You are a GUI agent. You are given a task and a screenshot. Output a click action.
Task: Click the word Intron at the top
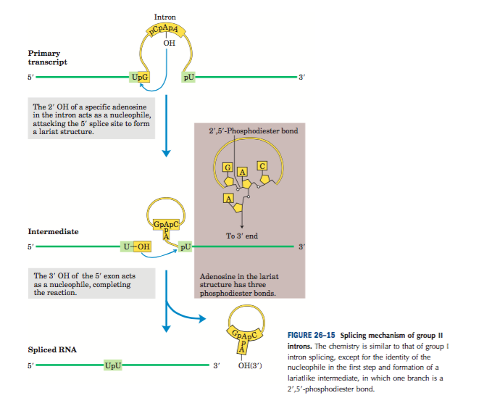point(165,17)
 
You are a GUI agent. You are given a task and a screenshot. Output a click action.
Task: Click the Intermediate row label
point(53,232)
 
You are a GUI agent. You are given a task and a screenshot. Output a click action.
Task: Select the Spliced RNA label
point(52,350)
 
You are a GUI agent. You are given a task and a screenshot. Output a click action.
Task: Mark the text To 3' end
point(242,236)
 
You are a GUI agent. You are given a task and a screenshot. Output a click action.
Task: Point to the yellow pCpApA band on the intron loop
point(165,31)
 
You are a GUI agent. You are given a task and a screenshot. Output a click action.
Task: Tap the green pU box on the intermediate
point(186,246)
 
